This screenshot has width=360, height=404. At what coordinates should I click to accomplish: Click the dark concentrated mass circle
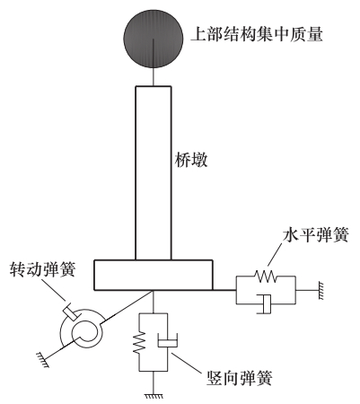(x=154, y=39)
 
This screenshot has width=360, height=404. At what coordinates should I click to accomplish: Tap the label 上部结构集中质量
(x=257, y=34)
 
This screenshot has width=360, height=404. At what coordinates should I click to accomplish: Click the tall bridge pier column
(x=154, y=173)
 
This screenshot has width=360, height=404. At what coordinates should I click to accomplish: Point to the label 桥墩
(x=191, y=160)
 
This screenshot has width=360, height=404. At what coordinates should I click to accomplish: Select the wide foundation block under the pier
(x=154, y=275)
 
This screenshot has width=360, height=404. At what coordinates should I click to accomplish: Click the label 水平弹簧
(x=316, y=235)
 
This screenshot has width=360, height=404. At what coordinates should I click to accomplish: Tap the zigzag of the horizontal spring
(x=265, y=277)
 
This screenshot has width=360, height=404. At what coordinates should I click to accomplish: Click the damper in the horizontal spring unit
(x=264, y=304)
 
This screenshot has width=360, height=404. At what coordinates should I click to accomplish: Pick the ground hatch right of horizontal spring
(x=320, y=290)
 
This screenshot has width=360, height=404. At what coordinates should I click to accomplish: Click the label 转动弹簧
(x=42, y=269)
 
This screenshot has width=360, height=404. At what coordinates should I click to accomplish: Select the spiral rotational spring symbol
(x=82, y=331)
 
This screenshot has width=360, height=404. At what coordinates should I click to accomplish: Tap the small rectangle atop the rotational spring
(x=72, y=312)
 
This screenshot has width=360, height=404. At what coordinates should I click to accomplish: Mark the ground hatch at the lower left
(x=42, y=359)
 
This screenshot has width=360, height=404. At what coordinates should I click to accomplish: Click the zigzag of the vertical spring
(x=139, y=343)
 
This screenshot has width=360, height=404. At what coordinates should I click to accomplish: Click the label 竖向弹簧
(x=240, y=378)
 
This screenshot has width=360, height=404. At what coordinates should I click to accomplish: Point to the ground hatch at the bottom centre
(x=154, y=396)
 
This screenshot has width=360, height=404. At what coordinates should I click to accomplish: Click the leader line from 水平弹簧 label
(x=276, y=254)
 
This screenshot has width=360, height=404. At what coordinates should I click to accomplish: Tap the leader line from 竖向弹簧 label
(x=186, y=363)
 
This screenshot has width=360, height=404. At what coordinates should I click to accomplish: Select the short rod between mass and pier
(x=154, y=77)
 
